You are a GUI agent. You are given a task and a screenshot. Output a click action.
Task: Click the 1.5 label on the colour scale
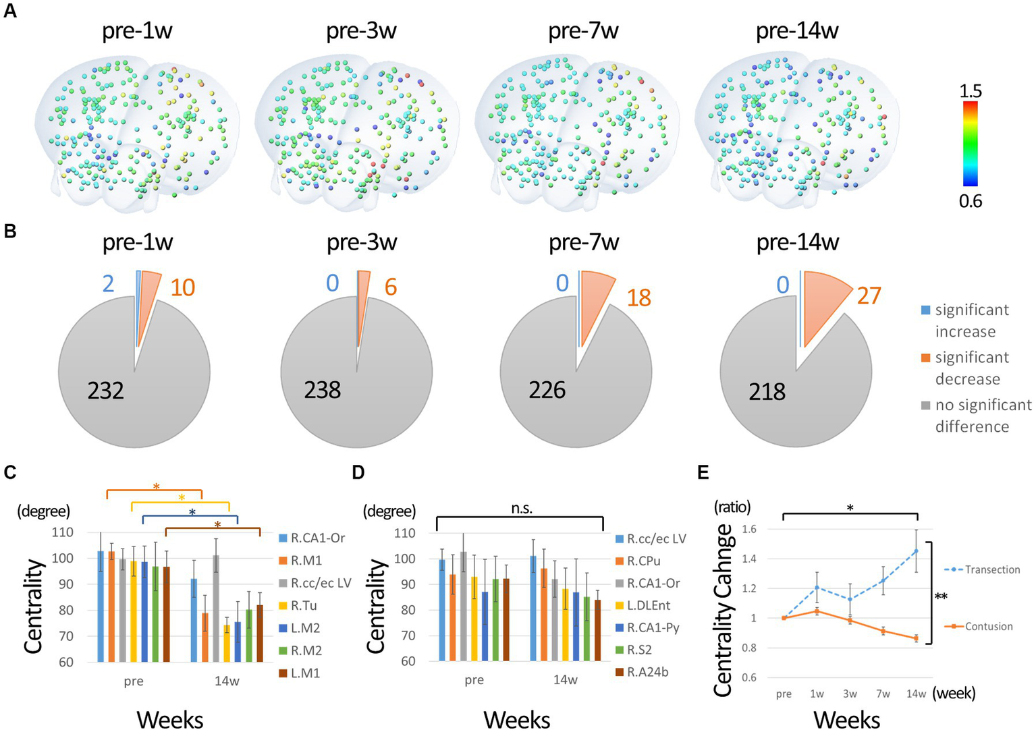[x=971, y=91]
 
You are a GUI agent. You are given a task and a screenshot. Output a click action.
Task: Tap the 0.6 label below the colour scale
[x=971, y=201]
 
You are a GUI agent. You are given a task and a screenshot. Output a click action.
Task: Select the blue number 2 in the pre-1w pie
[x=109, y=283]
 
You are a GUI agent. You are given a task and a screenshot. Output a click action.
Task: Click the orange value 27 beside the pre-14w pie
[x=869, y=295]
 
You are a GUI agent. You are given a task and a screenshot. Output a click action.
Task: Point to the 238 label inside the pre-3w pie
[x=322, y=390]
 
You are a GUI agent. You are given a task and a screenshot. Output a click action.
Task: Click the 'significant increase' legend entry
[x=966, y=320]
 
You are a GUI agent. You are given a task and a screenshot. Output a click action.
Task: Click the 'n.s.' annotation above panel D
[x=521, y=509]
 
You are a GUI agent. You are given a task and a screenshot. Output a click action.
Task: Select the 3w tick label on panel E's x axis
[x=850, y=694]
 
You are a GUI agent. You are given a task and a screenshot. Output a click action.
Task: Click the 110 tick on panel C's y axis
[x=62, y=532]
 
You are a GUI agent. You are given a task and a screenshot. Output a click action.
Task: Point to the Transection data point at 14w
[x=916, y=551]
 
